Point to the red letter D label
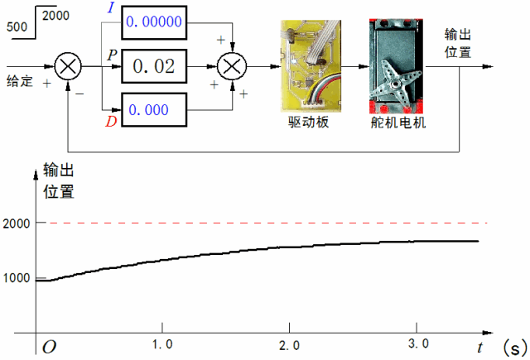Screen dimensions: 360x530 tap(110, 123)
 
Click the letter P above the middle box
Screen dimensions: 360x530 tap(113, 54)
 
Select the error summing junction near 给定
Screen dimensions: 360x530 tap(68, 66)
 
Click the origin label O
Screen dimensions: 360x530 tap(49, 346)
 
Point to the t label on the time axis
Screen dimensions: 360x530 tap(480, 346)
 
